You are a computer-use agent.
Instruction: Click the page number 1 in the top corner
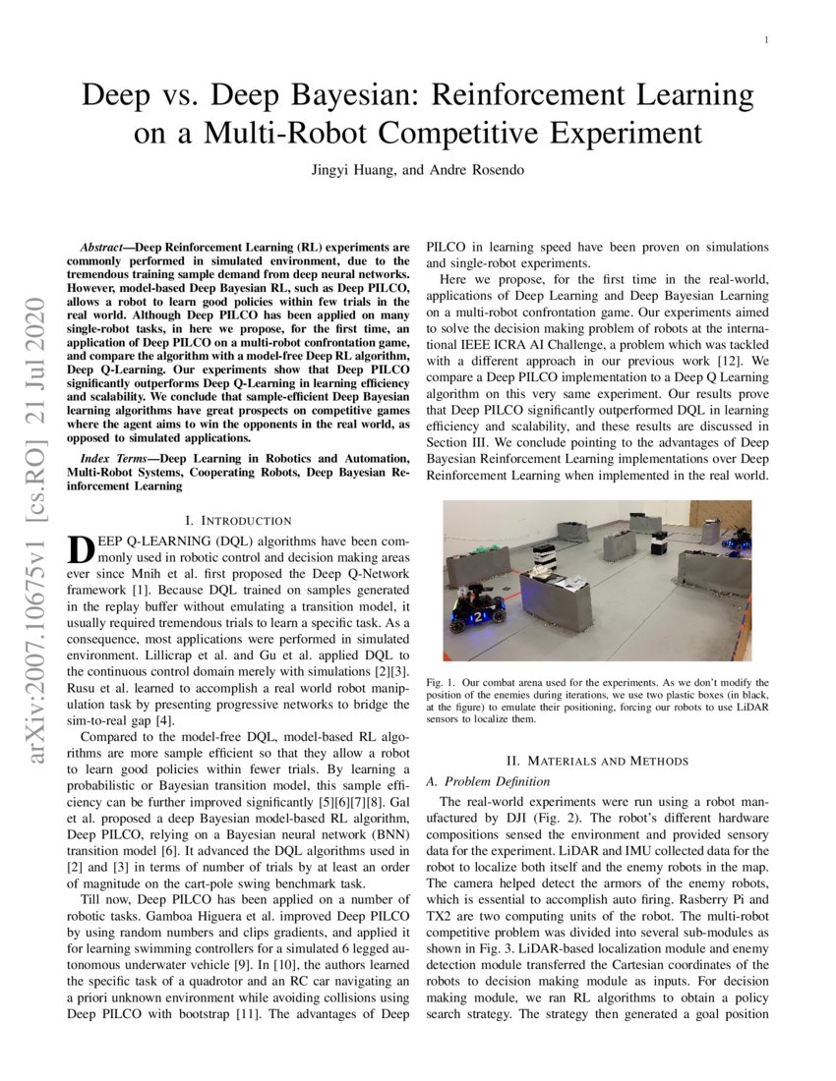click(x=766, y=40)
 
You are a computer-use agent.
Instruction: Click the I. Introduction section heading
click(x=238, y=520)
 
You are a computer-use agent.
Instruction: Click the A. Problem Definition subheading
click(x=487, y=781)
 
